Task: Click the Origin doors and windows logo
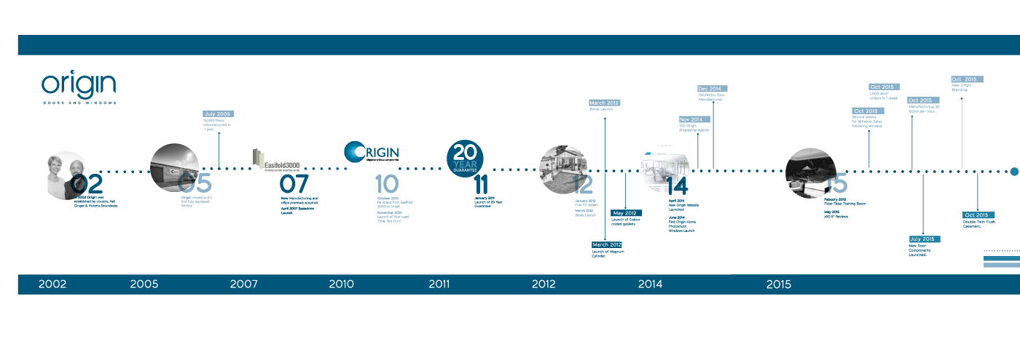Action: [x=79, y=88]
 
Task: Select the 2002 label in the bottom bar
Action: [x=52, y=284]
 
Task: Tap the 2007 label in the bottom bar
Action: [x=243, y=284]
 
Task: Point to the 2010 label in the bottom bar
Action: [x=342, y=284]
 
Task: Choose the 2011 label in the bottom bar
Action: [x=439, y=284]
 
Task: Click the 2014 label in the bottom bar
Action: [x=651, y=284]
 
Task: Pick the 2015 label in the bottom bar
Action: [x=779, y=284]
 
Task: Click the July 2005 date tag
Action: [x=218, y=114]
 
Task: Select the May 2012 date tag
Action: [x=625, y=213]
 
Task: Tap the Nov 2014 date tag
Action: [x=691, y=119]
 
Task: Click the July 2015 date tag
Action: [x=924, y=239]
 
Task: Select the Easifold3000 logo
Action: [x=276, y=159]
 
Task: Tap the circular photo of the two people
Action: [x=66, y=175]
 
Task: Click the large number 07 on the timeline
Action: [x=294, y=185]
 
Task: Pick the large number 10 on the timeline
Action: [x=387, y=185]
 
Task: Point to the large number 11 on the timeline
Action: [x=481, y=185]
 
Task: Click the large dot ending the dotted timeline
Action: [x=1014, y=172]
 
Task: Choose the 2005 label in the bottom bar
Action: [x=144, y=284]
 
